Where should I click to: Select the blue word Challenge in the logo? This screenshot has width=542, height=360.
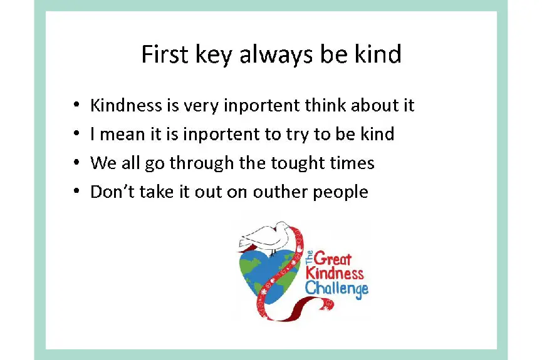336,288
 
